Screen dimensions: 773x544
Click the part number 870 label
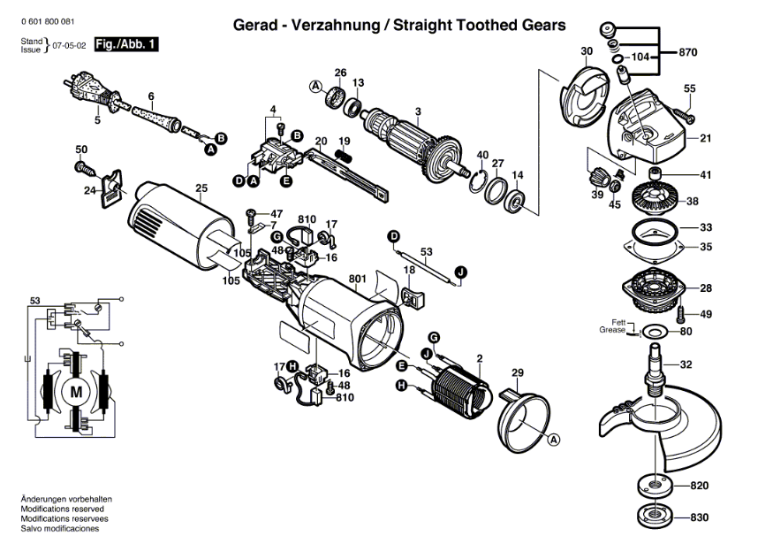pyautogui.click(x=687, y=52)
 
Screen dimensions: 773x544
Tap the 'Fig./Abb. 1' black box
pyautogui.click(x=125, y=44)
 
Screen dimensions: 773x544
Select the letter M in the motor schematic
pyautogui.click(x=76, y=393)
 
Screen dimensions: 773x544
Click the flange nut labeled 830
pyautogui.click(x=655, y=517)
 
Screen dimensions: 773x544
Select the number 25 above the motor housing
pyautogui.click(x=201, y=188)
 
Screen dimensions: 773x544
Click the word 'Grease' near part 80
pyautogui.click(x=612, y=330)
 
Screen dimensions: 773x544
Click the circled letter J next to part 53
pyautogui.click(x=460, y=272)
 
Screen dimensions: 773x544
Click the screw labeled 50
pyautogui.click(x=87, y=168)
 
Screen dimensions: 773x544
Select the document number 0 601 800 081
pyautogui.click(x=48, y=22)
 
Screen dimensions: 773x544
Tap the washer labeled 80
pyautogui.click(x=654, y=331)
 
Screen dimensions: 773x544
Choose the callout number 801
pyautogui.click(x=358, y=279)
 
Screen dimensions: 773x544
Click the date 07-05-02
pyautogui.click(x=69, y=45)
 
